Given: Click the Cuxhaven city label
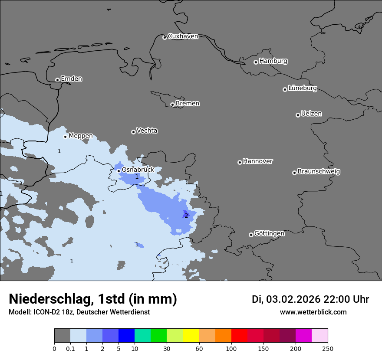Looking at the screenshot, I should (183, 36).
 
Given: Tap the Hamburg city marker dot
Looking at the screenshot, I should (256, 62).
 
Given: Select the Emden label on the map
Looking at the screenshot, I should (71, 79).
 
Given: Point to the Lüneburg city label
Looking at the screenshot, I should (302, 88).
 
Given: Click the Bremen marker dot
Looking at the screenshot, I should (172, 105).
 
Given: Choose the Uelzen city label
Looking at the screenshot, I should (311, 114).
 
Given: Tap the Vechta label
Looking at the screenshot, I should (147, 131).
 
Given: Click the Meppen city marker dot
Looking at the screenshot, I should (65, 137).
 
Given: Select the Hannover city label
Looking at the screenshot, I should (257, 161).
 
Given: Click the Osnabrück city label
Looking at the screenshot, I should (138, 170).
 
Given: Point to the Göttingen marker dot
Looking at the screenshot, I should (251, 235).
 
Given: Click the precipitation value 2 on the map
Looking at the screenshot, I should (186, 216).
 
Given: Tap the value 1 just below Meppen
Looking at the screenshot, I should (59, 151).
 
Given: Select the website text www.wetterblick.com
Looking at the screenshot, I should (313, 312).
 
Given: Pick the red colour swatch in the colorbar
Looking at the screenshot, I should (239, 336).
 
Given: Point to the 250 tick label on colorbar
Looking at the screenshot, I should (328, 348).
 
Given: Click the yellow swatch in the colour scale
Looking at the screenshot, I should (191, 336).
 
